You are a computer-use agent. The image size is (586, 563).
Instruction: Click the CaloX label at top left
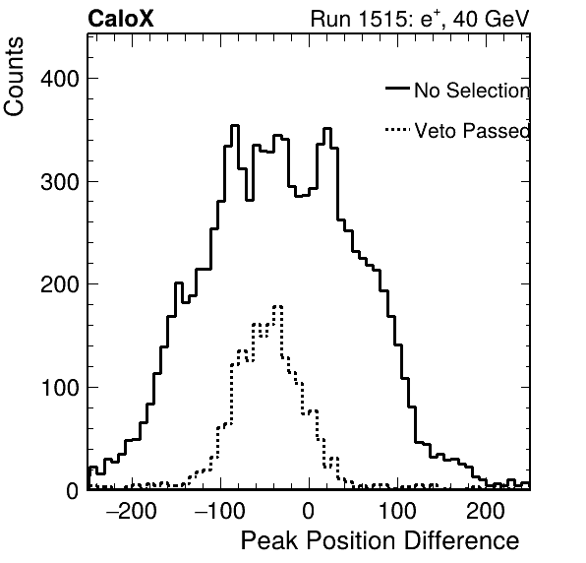click(121, 19)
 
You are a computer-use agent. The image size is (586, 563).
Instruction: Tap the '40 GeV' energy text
click(491, 19)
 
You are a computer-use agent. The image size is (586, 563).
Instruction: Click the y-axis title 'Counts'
click(14, 77)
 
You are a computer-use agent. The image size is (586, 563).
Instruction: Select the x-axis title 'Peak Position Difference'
click(381, 541)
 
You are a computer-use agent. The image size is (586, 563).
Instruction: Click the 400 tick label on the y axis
click(60, 79)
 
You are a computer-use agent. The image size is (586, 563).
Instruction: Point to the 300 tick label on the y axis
click(60, 182)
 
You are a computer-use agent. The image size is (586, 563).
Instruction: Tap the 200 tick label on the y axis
click(60, 284)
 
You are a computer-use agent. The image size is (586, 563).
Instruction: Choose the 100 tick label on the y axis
click(60, 388)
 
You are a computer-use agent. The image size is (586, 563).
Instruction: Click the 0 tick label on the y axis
click(73, 490)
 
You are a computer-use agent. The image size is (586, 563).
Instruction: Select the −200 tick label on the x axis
click(132, 511)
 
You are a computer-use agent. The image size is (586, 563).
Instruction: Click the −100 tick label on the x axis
click(220, 511)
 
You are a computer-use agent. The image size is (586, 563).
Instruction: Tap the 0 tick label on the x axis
click(309, 511)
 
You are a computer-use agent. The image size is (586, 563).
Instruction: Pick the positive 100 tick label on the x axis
click(397, 511)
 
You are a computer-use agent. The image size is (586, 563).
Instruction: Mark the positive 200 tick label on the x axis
click(486, 511)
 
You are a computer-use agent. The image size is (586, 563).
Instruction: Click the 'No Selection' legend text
click(472, 91)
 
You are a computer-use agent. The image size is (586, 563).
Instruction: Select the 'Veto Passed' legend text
click(472, 131)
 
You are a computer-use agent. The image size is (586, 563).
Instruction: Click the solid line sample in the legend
click(397, 89)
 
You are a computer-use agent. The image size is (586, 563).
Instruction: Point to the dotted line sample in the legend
click(397, 130)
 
